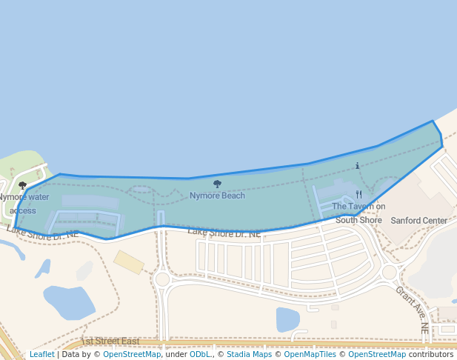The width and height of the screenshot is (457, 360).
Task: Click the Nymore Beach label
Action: (x=217, y=196)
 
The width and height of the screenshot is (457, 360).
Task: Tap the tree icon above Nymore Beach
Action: (x=217, y=184)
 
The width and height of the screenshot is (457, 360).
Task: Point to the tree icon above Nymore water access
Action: (x=22, y=185)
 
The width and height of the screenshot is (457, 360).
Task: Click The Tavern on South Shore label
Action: (x=358, y=213)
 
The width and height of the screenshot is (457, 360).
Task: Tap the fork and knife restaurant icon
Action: (x=358, y=195)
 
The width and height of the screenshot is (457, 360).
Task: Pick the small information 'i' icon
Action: (x=358, y=166)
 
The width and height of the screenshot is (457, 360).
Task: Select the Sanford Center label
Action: (x=419, y=221)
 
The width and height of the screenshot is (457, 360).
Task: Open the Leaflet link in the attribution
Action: (x=42, y=354)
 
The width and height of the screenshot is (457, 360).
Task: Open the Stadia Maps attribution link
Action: (x=249, y=354)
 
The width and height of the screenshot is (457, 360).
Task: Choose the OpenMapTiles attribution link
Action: (x=307, y=354)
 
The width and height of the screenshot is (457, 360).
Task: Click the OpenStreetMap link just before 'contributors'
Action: (x=377, y=354)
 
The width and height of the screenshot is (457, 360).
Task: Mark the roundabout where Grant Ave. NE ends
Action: (x=390, y=273)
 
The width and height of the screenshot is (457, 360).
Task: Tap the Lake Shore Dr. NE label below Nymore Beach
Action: (x=224, y=233)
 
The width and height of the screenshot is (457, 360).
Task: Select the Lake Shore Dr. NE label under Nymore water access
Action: (x=43, y=233)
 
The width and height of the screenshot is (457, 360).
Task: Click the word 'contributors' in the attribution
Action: (x=430, y=354)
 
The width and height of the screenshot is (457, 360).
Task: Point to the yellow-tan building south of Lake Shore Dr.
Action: (x=129, y=261)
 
